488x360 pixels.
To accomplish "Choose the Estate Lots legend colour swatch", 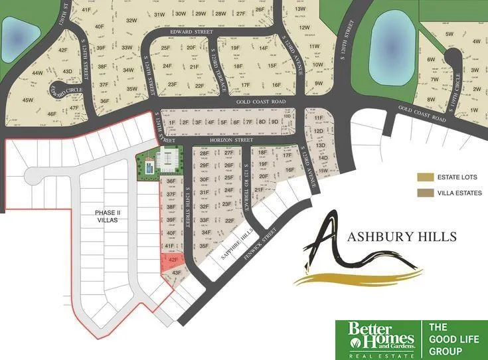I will (x=423, y=177).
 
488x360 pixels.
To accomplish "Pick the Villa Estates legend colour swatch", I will (x=423, y=193).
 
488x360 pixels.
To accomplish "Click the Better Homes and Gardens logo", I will (x=375, y=336).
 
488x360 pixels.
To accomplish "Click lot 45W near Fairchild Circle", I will (x=28, y=100).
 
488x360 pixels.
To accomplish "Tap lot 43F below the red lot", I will (x=175, y=272).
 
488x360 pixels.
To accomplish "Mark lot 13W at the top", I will (x=300, y=9).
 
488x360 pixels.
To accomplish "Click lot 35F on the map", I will (x=204, y=246).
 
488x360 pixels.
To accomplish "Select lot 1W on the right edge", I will (x=474, y=110).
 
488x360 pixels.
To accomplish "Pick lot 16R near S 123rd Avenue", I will (x=289, y=170).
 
